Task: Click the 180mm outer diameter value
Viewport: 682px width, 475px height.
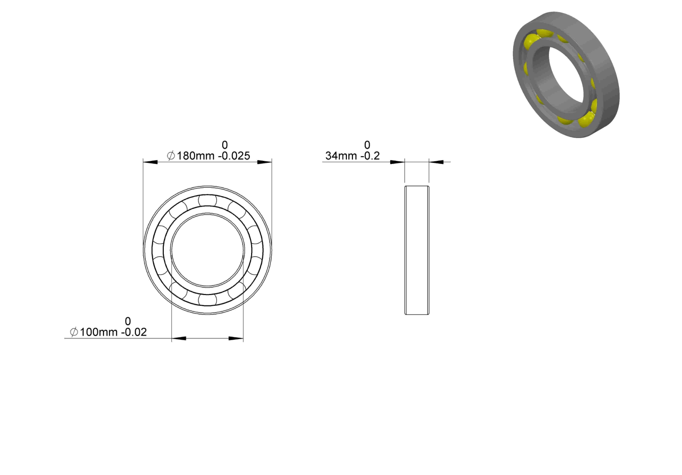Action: tap(196, 156)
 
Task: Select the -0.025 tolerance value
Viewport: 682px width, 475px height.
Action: tap(234, 156)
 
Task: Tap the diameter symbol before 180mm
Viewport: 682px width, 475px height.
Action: tap(171, 156)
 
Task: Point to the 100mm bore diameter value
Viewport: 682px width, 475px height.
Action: tap(99, 332)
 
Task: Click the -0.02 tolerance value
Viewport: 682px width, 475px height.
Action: tap(134, 332)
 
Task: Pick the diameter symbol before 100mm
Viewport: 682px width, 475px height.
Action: tap(74, 332)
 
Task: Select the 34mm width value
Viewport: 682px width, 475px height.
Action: tap(341, 156)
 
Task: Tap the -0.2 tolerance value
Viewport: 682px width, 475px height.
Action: tap(370, 156)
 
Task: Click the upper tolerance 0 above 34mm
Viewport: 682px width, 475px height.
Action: tap(367, 145)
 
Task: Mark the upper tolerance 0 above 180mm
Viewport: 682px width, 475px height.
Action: tap(225, 145)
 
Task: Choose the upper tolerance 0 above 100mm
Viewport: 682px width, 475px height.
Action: tap(128, 321)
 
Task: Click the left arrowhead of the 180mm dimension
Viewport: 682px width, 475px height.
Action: tap(150, 162)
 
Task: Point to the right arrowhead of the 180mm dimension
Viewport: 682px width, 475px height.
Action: tap(265, 162)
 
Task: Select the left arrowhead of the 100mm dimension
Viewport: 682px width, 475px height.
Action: tap(179, 338)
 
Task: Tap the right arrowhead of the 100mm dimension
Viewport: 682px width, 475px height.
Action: tap(236, 338)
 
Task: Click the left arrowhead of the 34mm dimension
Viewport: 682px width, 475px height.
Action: tap(397, 162)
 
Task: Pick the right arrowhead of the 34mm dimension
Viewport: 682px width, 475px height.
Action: tap(436, 162)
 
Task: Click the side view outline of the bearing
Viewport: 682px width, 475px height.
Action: tap(417, 250)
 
